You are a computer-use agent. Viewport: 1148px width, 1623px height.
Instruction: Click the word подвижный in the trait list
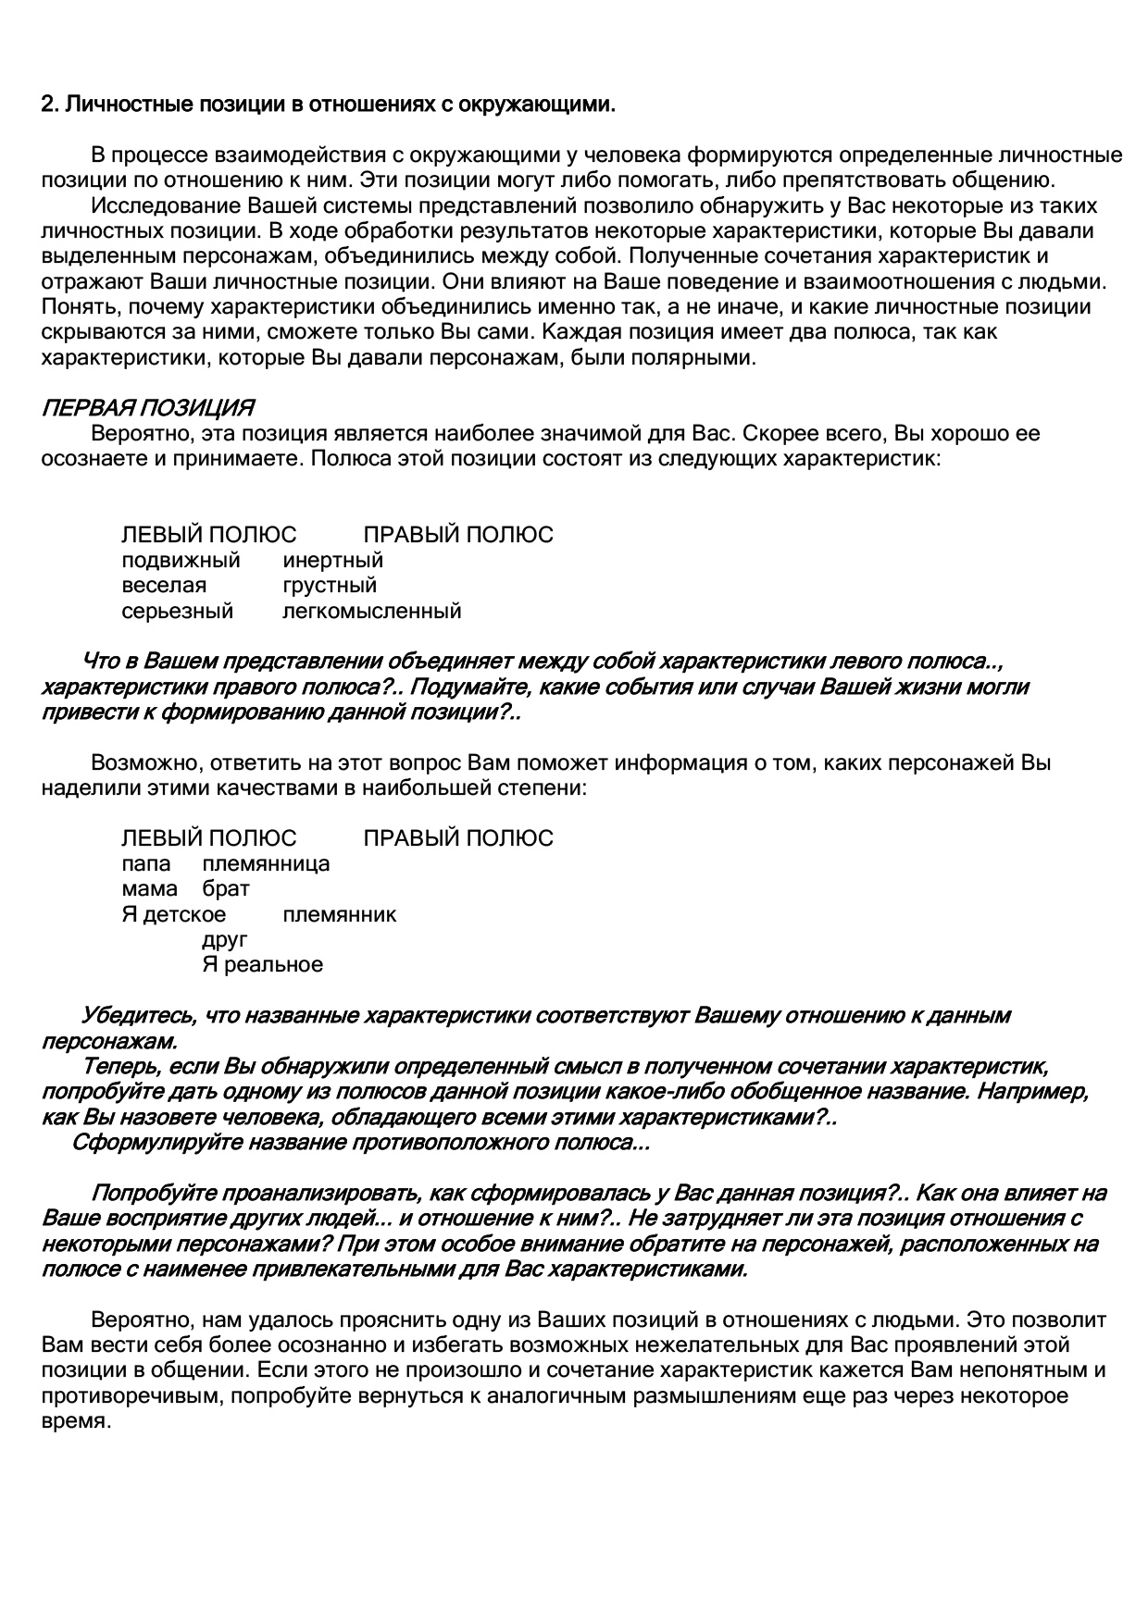pyautogui.click(x=181, y=561)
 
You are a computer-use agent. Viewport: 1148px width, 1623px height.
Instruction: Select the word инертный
pyautogui.click(x=332, y=561)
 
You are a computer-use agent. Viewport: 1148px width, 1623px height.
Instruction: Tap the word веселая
pyautogui.click(x=164, y=586)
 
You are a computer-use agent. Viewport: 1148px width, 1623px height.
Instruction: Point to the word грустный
pyautogui.click(x=330, y=586)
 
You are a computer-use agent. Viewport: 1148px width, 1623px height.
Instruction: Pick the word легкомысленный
pyautogui.click(x=371, y=611)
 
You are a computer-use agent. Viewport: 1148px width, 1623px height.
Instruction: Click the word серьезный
pyautogui.click(x=177, y=611)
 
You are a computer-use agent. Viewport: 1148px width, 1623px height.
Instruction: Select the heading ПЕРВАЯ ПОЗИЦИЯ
pyautogui.click(x=148, y=408)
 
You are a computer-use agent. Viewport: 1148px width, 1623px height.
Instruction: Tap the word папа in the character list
pyautogui.click(x=146, y=864)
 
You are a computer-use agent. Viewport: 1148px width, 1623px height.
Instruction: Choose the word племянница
pyautogui.click(x=266, y=864)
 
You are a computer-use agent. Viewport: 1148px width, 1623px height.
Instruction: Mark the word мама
pyautogui.click(x=149, y=889)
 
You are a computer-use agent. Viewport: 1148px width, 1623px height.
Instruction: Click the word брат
pyautogui.click(x=226, y=889)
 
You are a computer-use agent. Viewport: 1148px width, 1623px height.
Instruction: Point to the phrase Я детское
pyautogui.click(x=173, y=915)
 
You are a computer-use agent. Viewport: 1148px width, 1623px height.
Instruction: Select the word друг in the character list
pyautogui.click(x=225, y=940)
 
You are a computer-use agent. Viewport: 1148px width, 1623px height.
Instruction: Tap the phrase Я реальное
pyautogui.click(x=262, y=965)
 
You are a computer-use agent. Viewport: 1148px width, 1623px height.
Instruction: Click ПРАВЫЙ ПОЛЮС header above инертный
pyautogui.click(x=457, y=535)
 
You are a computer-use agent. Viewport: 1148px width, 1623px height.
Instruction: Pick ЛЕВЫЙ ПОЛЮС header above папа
pyautogui.click(x=208, y=838)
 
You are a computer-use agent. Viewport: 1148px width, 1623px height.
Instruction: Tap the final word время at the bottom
pyautogui.click(x=76, y=1421)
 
